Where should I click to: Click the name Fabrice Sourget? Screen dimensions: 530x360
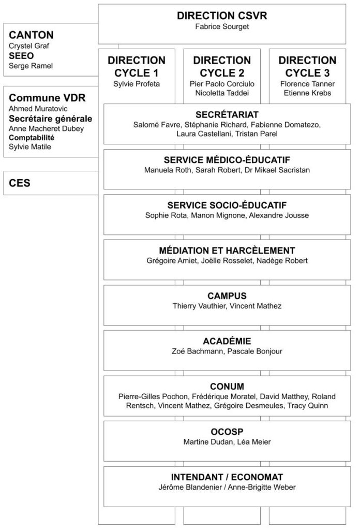222,26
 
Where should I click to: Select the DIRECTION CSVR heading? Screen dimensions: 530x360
222,16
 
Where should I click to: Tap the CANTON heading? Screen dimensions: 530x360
31,35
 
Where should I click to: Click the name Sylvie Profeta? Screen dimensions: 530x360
137,83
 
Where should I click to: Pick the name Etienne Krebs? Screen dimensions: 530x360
307,93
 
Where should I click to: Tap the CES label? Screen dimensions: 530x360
20,183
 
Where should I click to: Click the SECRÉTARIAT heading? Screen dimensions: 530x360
228,114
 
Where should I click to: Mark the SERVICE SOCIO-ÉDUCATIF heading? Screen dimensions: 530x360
228,205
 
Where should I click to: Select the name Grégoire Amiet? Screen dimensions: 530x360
171,260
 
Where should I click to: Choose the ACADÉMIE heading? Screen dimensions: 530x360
228,341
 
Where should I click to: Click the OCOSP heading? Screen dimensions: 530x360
228,431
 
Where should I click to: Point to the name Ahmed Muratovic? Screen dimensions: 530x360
38,109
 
